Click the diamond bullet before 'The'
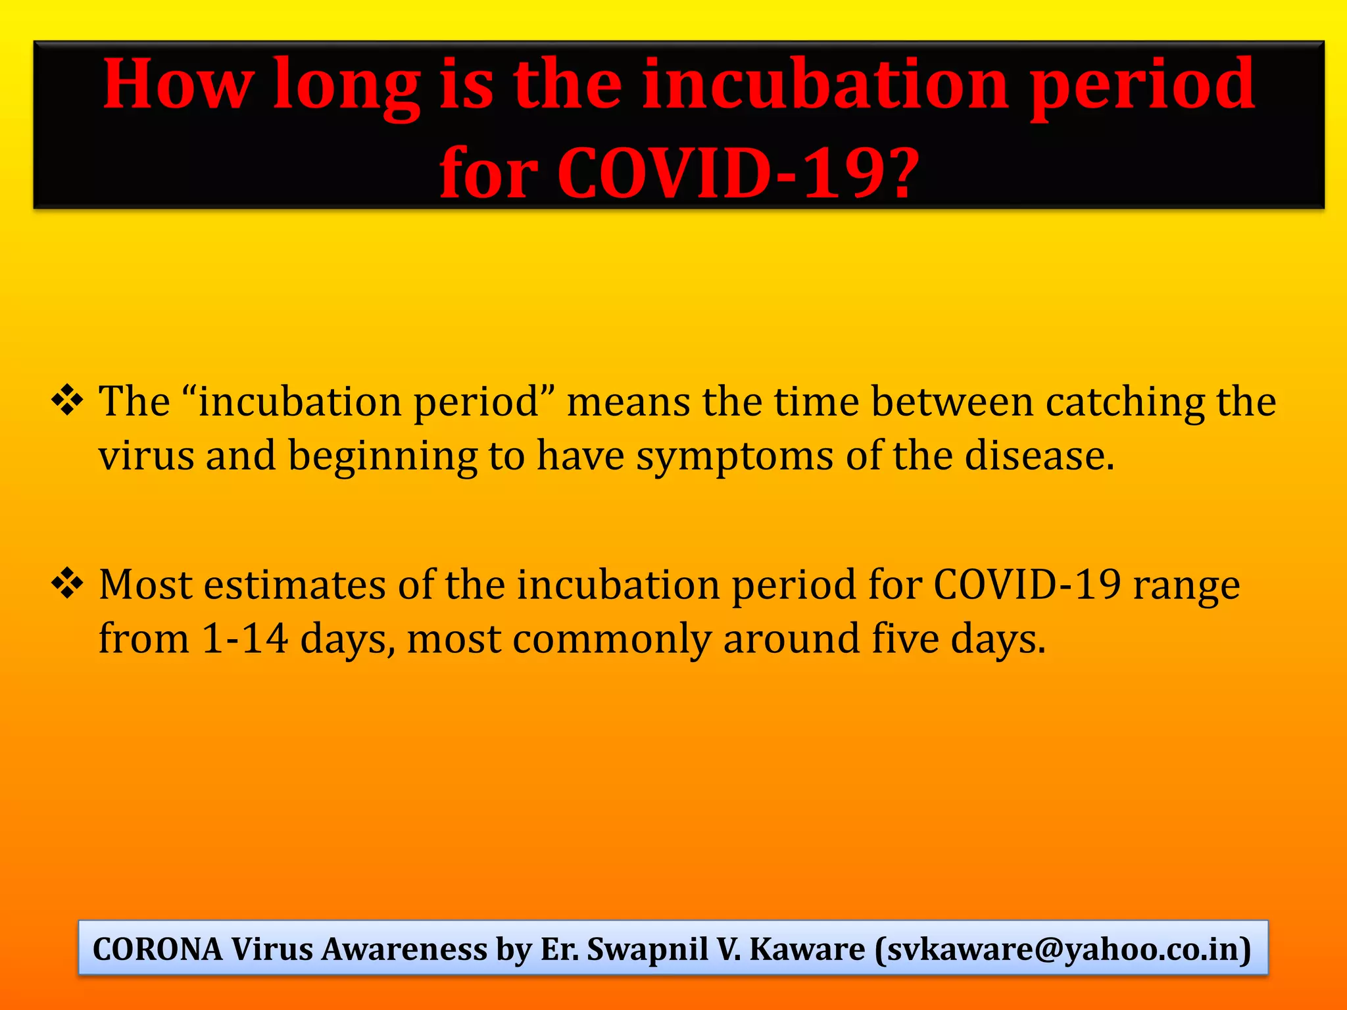(67, 400)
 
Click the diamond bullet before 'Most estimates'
(67, 583)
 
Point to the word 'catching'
(1125, 402)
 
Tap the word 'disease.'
(1040, 455)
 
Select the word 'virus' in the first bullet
(146, 455)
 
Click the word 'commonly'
(612, 639)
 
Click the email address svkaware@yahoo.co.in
(1063, 949)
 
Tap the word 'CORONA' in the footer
(158, 949)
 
